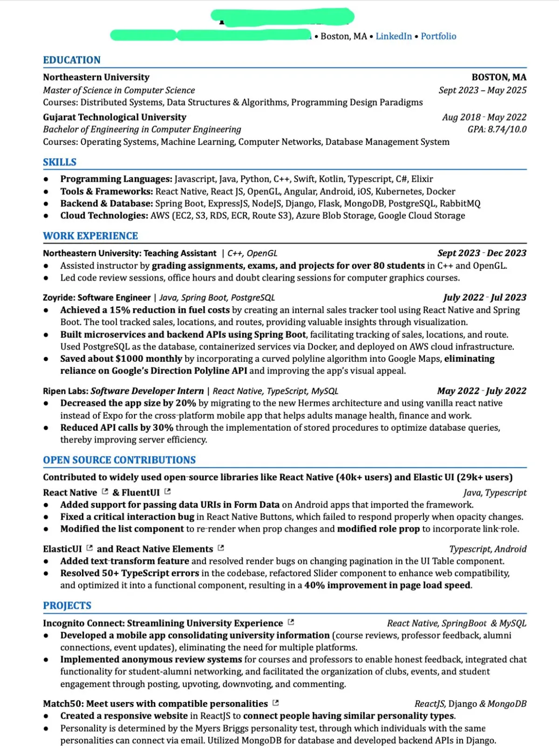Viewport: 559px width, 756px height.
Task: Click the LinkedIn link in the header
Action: tap(394, 36)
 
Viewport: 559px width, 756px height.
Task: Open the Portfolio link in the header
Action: tap(438, 36)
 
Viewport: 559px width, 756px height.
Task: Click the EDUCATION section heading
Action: tap(72, 60)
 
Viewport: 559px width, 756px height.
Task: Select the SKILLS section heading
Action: tap(60, 162)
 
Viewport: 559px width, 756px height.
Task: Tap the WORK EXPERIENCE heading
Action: tap(90, 236)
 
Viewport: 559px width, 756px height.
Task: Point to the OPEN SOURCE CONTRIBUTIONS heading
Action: tap(119, 460)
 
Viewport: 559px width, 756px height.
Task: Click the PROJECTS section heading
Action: tap(67, 606)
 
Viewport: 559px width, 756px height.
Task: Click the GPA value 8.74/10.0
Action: tap(507, 129)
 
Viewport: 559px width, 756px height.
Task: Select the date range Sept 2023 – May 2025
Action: tap(482, 90)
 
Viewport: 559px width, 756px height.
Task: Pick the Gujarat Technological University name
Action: tap(115, 117)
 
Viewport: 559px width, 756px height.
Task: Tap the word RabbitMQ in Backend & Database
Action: tap(460, 203)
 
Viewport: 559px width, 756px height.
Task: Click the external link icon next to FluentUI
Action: tap(168, 492)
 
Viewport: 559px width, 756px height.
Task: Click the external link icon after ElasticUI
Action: tap(89, 548)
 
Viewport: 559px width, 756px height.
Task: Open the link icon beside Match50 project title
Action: tap(275, 703)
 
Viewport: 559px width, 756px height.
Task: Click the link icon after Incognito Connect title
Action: tap(291, 622)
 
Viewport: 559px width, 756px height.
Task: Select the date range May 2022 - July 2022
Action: tap(482, 391)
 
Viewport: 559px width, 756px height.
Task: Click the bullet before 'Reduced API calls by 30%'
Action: tap(46, 428)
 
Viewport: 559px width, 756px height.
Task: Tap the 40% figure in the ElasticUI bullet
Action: tap(314, 585)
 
